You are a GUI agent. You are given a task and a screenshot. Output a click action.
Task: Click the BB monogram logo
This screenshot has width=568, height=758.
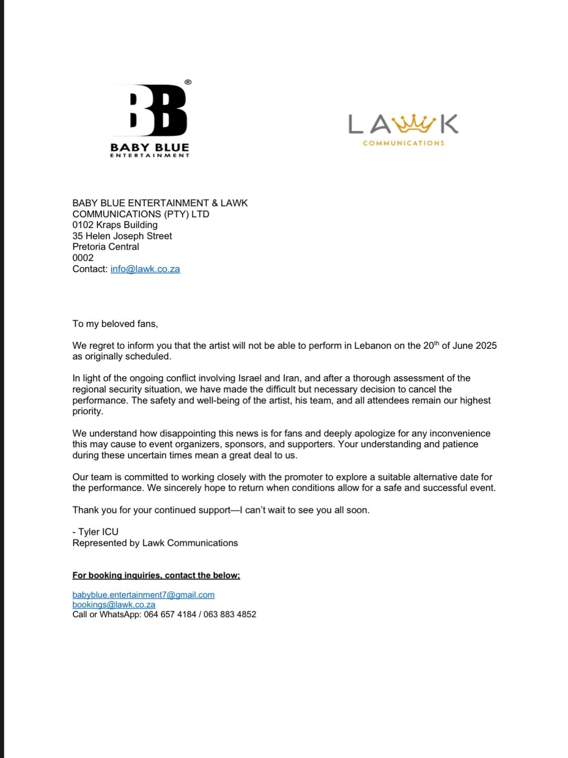(158, 110)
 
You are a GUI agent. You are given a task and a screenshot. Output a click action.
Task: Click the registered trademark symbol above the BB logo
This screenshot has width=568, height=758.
(188, 82)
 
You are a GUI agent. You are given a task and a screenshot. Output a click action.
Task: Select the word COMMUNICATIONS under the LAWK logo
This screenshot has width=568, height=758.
(404, 143)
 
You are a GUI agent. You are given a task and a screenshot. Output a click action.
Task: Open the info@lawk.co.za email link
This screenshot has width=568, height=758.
(145, 269)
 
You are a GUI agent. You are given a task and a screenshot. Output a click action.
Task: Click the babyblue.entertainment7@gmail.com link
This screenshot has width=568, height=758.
(143, 595)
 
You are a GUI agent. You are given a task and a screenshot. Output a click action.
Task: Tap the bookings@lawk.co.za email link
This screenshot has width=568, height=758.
(114, 604)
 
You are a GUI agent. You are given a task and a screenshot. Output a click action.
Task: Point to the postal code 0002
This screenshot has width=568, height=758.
(83, 258)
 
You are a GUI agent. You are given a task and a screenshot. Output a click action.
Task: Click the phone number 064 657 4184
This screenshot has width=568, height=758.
(170, 614)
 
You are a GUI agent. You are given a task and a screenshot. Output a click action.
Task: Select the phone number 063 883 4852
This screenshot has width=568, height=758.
(230, 614)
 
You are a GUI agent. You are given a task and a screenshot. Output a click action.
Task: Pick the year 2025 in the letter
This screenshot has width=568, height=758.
(486, 346)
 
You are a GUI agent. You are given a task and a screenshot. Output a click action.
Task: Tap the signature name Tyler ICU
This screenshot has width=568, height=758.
(98, 532)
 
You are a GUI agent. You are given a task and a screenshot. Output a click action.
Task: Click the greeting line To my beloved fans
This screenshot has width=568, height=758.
(115, 324)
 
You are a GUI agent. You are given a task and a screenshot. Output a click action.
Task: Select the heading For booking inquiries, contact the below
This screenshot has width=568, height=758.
(156, 575)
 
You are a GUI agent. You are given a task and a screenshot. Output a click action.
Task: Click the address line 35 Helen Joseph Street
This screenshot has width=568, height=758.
(122, 236)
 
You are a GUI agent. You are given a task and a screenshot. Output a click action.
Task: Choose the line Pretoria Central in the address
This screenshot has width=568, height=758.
(106, 247)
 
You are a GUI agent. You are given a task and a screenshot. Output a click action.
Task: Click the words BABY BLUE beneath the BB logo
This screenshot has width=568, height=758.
(150, 147)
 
